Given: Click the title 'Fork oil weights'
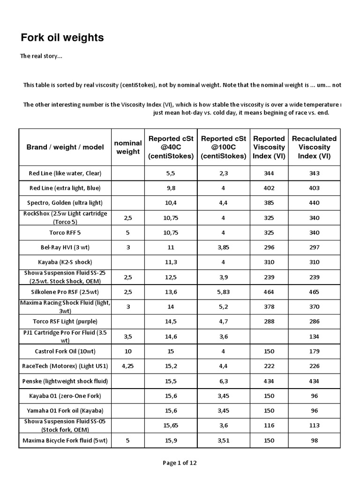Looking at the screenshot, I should tap(62, 37).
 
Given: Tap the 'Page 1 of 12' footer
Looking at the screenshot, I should tap(180, 463).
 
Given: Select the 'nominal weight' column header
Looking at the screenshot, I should tap(128, 147).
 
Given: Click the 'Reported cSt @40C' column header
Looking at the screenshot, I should tap(171, 147).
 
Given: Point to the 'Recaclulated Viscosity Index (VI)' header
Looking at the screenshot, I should tap(314, 147).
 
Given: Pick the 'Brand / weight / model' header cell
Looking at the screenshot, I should tap(65, 147).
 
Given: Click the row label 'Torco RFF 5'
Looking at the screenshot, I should tap(65, 232).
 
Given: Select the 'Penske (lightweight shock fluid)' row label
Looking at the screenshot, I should tap(65, 381).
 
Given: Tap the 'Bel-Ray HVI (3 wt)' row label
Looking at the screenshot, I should tap(65, 247).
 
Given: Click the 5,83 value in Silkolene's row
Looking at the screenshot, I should tap(224, 292).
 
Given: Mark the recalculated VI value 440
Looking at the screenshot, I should tap(314, 202).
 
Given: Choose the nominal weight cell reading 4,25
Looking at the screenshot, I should tap(128, 366).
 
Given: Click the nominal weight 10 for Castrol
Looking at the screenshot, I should tap(128, 351).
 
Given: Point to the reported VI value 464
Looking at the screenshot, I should tap(269, 292).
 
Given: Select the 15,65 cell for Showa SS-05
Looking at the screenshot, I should tap(171, 426).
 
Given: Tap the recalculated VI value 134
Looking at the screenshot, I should tap(314, 336).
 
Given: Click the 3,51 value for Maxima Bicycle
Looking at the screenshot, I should tap(224, 441).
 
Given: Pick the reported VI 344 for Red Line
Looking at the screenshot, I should tap(269, 173).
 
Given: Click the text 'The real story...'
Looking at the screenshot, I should tap(41, 56).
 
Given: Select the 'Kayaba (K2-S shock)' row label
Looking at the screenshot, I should tap(65, 262).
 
